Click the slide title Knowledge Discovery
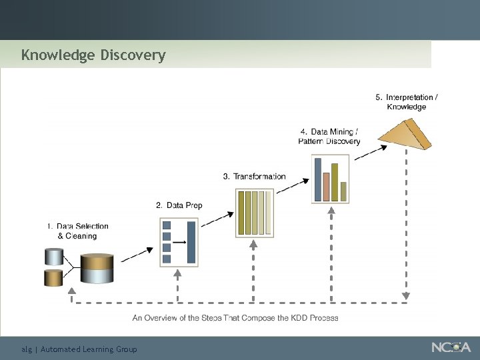click(93, 55)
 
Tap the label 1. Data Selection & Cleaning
click(78, 231)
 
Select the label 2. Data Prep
click(179, 205)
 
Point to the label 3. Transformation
click(254, 177)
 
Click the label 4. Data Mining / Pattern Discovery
click(329, 137)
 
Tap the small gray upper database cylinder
click(53, 257)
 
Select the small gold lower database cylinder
click(53, 277)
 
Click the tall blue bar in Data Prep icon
click(191, 242)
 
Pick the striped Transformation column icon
click(254, 213)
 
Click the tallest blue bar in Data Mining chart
click(317, 179)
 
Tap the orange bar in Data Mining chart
click(326, 186)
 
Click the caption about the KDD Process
click(235, 318)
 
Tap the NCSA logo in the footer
click(451, 347)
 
